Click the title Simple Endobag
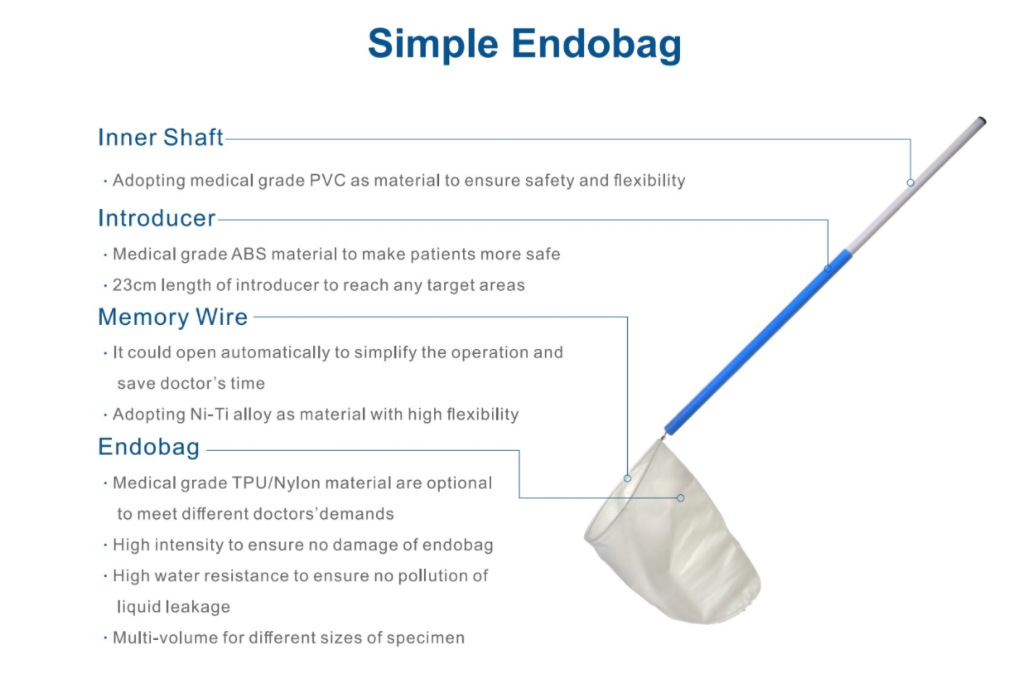(524, 44)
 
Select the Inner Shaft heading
(161, 137)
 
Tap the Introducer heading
(157, 218)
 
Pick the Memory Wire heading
(173, 317)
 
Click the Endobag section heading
(148, 447)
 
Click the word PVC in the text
(327, 181)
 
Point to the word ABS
(249, 254)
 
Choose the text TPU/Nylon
(276, 482)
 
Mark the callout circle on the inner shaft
(910, 182)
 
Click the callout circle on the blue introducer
(828, 269)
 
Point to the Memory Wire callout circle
(627, 478)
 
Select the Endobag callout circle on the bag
(681, 497)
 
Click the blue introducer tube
(758, 342)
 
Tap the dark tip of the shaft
(982, 120)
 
